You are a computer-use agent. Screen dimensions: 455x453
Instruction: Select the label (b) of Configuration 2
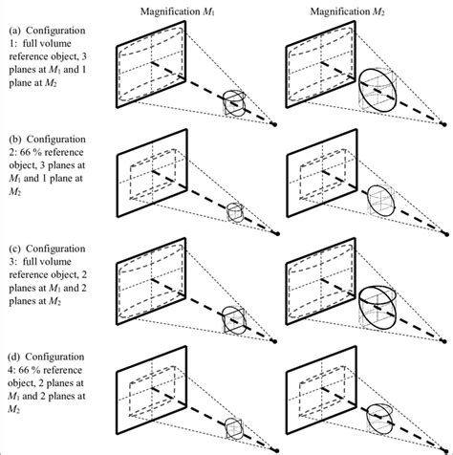[12, 150]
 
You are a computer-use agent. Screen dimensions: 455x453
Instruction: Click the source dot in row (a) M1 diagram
[276, 124]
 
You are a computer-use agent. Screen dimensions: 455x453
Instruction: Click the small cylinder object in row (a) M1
[233, 104]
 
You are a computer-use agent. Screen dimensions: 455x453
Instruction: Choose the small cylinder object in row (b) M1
[233, 212]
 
